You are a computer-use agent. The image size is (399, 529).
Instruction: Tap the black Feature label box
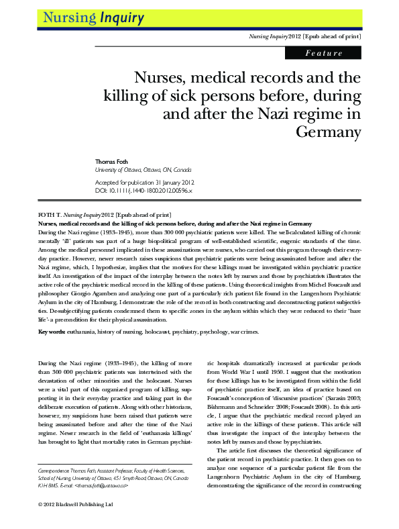click(x=324, y=52)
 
